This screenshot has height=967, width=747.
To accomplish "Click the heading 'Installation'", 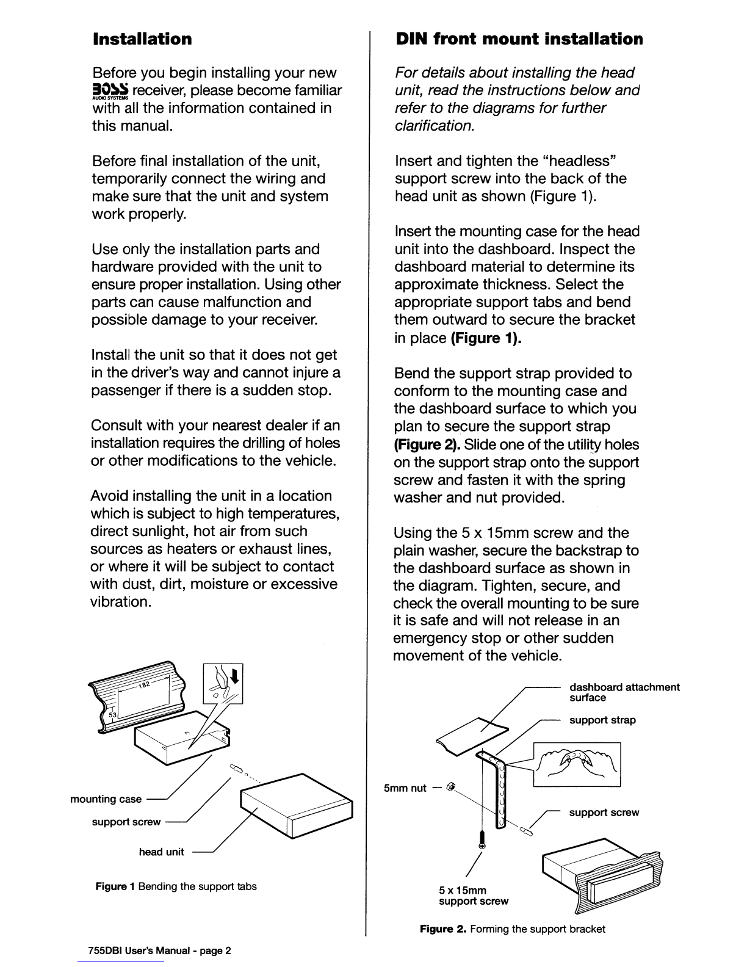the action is pos(142,39).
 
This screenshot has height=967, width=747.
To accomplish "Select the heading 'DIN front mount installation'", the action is pos(519,39).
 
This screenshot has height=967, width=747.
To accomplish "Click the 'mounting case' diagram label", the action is pos(106,799).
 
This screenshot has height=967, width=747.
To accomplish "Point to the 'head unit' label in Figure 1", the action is pos(162,852).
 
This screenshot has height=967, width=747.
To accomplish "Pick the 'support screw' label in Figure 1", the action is pos(126,822).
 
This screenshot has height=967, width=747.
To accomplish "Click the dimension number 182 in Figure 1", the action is pos(144,684).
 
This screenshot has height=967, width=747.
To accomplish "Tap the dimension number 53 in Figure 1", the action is pos(113,715).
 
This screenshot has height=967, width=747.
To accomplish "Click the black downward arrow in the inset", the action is pos(235,675).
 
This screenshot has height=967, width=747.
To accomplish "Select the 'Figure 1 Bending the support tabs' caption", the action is pos(176,886).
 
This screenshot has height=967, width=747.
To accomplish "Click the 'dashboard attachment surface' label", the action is pos(625,692).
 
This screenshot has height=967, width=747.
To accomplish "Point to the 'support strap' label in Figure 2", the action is pos(602,720).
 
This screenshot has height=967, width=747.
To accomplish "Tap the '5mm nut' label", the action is pos(405,788).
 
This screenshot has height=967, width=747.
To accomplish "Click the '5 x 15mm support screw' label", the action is pos(474,896).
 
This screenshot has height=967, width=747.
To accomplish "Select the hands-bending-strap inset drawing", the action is pos(577,764).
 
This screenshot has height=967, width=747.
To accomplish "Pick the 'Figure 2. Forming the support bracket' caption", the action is pos(513,929).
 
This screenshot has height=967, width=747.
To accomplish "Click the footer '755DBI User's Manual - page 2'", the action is pos(160,951).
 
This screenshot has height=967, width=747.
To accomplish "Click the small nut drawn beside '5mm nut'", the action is pos(450,788).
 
